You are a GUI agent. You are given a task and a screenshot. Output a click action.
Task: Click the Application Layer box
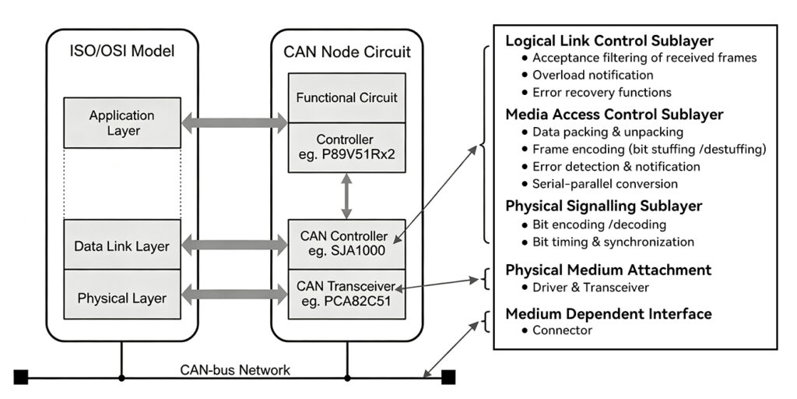click(x=122, y=122)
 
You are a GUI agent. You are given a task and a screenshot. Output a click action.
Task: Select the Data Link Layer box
click(x=122, y=245)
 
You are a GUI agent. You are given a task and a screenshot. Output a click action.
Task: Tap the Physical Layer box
click(x=122, y=294)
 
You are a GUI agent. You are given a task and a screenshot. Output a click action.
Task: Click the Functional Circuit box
click(x=346, y=97)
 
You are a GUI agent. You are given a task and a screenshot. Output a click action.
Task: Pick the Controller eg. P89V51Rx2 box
click(x=346, y=147)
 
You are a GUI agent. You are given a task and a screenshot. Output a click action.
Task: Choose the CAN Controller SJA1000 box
click(x=346, y=244)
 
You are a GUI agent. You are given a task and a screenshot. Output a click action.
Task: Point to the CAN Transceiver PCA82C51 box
click(x=346, y=294)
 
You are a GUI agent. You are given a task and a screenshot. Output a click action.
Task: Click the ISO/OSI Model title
click(x=122, y=51)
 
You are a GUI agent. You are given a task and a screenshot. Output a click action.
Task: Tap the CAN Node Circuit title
click(x=347, y=52)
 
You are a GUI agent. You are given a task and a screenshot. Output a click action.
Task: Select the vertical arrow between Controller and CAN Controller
click(x=346, y=196)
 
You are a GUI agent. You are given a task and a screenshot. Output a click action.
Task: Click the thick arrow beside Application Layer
click(x=234, y=122)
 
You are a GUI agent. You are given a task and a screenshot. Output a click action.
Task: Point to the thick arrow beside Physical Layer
click(x=234, y=294)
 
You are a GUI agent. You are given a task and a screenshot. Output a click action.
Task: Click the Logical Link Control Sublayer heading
click(x=609, y=41)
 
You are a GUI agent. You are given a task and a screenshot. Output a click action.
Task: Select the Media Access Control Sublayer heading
click(x=614, y=115)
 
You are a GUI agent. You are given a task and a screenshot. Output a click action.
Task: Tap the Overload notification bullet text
click(x=592, y=75)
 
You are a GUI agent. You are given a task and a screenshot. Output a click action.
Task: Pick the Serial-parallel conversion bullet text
click(x=605, y=184)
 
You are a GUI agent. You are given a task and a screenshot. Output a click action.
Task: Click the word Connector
click(x=562, y=330)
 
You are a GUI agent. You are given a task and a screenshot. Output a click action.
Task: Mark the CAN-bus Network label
click(x=235, y=369)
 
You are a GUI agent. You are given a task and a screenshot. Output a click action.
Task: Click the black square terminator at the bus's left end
click(x=21, y=377)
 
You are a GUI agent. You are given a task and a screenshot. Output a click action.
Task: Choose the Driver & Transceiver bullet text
click(x=591, y=288)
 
